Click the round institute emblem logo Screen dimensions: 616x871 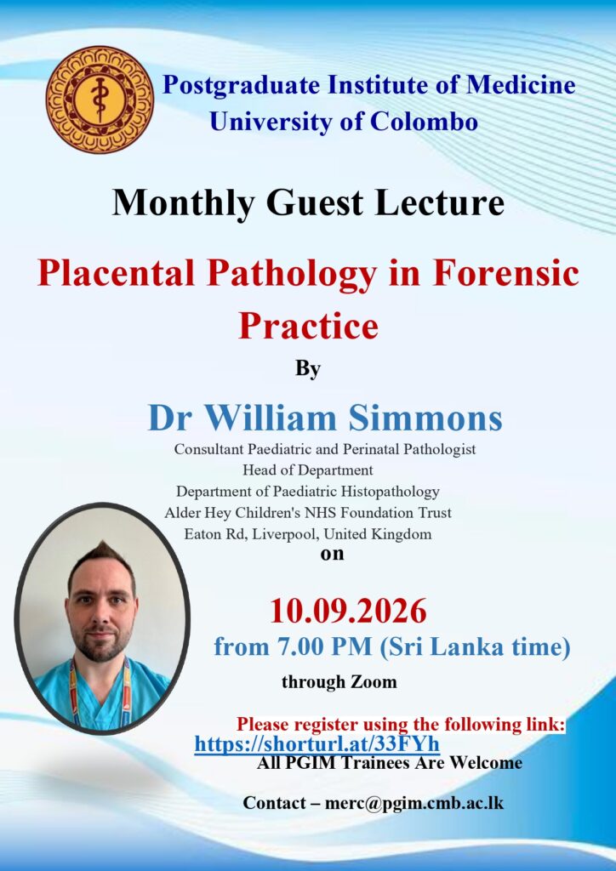tap(100, 100)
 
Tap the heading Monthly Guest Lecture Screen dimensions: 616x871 tap(308, 202)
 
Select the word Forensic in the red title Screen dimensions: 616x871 tap(506, 273)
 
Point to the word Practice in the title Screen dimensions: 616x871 tap(308, 325)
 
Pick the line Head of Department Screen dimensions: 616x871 tap(308, 470)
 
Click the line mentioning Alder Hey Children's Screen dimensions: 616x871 tap(308, 512)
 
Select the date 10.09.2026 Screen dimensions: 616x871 tap(348, 611)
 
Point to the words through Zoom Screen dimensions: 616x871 tap(339, 681)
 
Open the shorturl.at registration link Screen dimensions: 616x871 tap(317, 743)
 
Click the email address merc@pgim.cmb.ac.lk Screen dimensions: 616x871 tap(414, 803)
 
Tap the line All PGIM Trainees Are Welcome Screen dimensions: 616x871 tap(390, 763)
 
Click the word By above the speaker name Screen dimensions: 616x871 tap(308, 370)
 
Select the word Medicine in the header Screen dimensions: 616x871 tap(521, 85)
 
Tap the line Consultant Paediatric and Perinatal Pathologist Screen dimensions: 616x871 tap(325, 449)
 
